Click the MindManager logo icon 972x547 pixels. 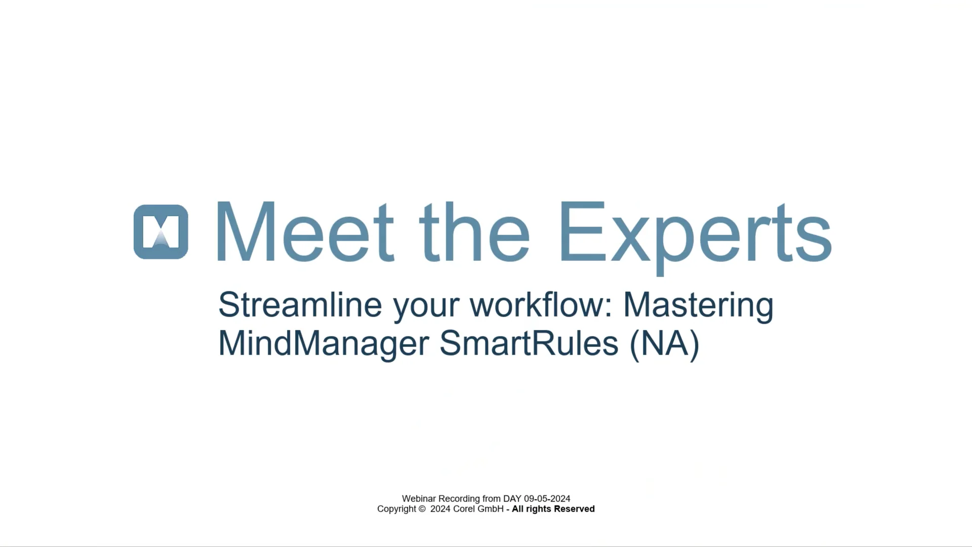161,232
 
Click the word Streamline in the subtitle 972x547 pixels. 300,305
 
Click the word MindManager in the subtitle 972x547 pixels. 323,343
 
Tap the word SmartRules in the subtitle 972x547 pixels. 529,343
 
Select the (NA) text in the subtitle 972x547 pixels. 665,344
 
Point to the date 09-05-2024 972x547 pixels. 547,499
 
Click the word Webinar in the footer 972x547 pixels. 419,499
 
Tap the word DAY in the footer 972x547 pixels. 512,499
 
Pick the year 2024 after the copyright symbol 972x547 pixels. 440,510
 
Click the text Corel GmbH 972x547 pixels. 478,510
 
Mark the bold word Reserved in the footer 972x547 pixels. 574,510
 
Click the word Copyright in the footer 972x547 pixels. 396,510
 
